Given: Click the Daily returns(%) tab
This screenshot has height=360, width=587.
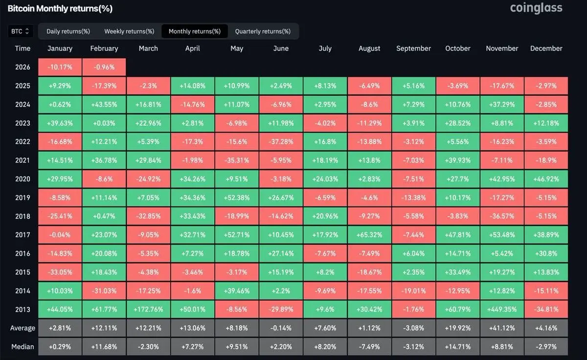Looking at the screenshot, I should click(x=68, y=31).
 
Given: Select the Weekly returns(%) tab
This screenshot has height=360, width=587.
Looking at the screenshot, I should click(x=129, y=31).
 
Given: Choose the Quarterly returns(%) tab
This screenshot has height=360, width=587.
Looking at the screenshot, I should click(x=263, y=31).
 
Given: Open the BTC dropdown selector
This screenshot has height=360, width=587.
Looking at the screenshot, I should click(x=21, y=31).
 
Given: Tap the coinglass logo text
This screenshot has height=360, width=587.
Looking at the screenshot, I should click(x=536, y=8).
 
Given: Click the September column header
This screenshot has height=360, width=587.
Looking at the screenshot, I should click(x=413, y=48).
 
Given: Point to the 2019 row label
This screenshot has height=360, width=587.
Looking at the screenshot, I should click(x=23, y=198).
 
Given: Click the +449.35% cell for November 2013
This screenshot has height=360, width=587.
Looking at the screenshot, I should click(x=502, y=309).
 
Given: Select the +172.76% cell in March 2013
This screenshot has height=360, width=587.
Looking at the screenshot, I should click(x=148, y=309).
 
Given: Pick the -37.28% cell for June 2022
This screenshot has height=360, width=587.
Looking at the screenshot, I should click(x=281, y=142).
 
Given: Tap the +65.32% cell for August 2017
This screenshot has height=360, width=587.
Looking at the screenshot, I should click(x=369, y=235).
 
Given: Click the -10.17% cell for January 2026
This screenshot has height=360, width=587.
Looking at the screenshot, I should click(x=60, y=67).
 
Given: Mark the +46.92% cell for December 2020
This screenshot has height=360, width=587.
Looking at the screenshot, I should click(x=546, y=179).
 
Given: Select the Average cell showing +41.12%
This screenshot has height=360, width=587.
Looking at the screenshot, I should click(x=502, y=328).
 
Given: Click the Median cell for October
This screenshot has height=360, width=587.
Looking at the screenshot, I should click(x=458, y=347).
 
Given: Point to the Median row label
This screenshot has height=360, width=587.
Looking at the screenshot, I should click(x=23, y=347).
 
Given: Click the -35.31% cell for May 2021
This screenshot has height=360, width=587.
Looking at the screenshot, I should click(x=237, y=160).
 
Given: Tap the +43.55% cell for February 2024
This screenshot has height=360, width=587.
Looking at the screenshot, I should click(x=104, y=105).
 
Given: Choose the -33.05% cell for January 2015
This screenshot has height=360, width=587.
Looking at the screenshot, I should click(x=60, y=272).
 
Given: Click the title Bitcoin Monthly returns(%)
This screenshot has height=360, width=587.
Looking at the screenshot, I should click(x=60, y=9).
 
